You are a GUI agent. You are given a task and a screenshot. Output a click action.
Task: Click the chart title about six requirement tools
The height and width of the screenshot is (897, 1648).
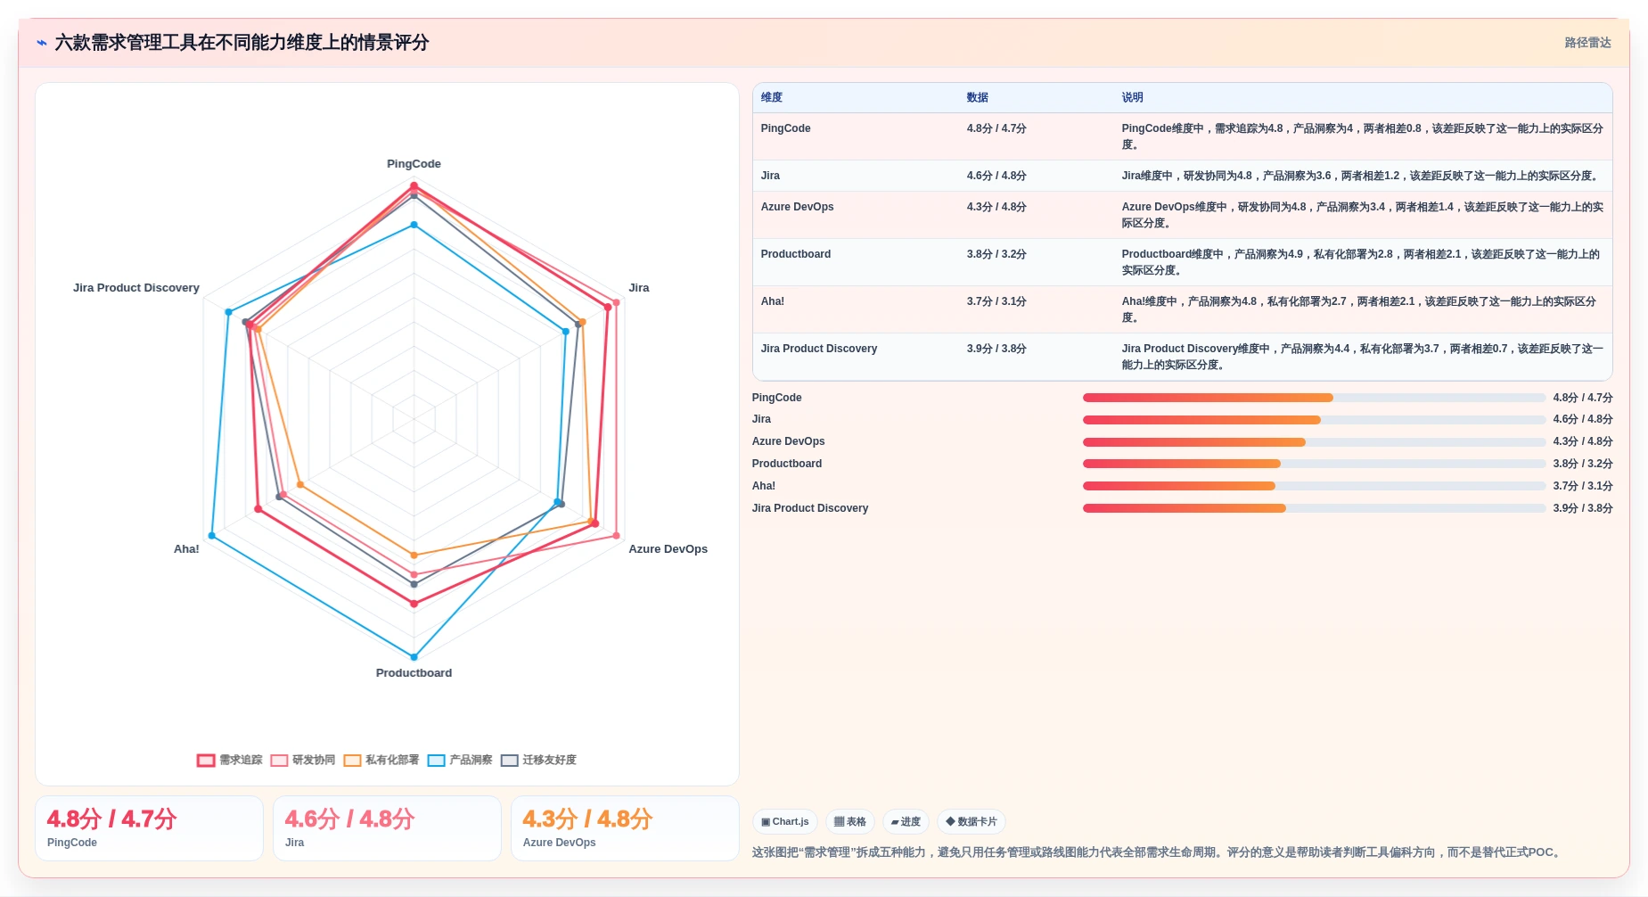242,43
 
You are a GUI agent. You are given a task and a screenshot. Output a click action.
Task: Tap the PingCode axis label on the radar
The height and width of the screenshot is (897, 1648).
414,164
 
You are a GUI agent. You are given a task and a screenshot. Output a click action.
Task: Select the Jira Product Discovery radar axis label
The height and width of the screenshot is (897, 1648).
136,288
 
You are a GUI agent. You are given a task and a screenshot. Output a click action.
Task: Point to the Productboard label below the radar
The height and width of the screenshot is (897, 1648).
414,673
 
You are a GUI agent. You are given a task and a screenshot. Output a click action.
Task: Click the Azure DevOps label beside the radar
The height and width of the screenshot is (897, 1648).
668,549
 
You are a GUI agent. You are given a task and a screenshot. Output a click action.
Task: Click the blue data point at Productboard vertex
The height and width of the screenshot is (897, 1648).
414,657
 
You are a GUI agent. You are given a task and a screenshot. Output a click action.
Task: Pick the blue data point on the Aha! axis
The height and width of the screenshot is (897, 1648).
211,536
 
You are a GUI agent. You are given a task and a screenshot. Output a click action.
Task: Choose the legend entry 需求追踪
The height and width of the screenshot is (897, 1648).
230,761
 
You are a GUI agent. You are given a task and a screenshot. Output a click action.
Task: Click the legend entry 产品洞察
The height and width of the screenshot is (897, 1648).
460,761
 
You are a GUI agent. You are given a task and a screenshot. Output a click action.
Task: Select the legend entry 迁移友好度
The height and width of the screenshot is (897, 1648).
538,761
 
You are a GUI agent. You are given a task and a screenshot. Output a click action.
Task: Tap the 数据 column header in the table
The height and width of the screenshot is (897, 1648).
978,98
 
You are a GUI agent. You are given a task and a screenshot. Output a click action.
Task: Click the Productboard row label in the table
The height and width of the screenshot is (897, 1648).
796,254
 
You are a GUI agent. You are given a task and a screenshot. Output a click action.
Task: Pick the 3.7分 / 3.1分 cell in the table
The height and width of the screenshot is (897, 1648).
996,301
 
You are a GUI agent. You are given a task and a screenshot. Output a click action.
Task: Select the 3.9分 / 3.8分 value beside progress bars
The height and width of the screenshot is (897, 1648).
1583,508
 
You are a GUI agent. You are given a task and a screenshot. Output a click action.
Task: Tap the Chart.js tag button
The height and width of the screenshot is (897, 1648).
785,822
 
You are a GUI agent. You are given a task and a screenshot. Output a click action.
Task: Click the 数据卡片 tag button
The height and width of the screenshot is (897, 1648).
972,822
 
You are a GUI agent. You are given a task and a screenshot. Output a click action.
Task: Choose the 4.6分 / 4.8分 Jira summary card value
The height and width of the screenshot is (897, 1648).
349,819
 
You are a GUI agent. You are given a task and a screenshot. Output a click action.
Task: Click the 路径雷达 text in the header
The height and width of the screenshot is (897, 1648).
1587,43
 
